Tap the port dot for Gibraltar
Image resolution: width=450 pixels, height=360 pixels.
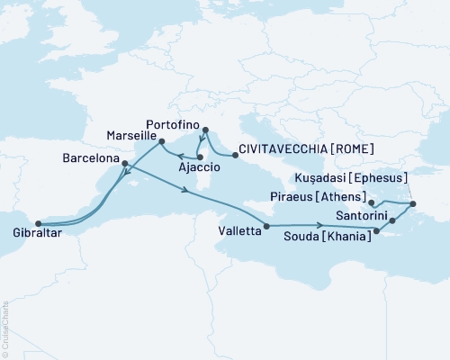[38, 224]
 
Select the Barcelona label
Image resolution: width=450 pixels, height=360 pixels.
[91, 156]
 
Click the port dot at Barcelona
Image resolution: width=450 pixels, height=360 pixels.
[124, 164]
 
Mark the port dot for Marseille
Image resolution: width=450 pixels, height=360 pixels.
[161, 142]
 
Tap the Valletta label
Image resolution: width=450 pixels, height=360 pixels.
[239, 230]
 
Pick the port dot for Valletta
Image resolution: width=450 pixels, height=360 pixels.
[267, 225]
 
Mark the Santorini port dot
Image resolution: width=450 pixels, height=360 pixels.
[391, 220]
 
